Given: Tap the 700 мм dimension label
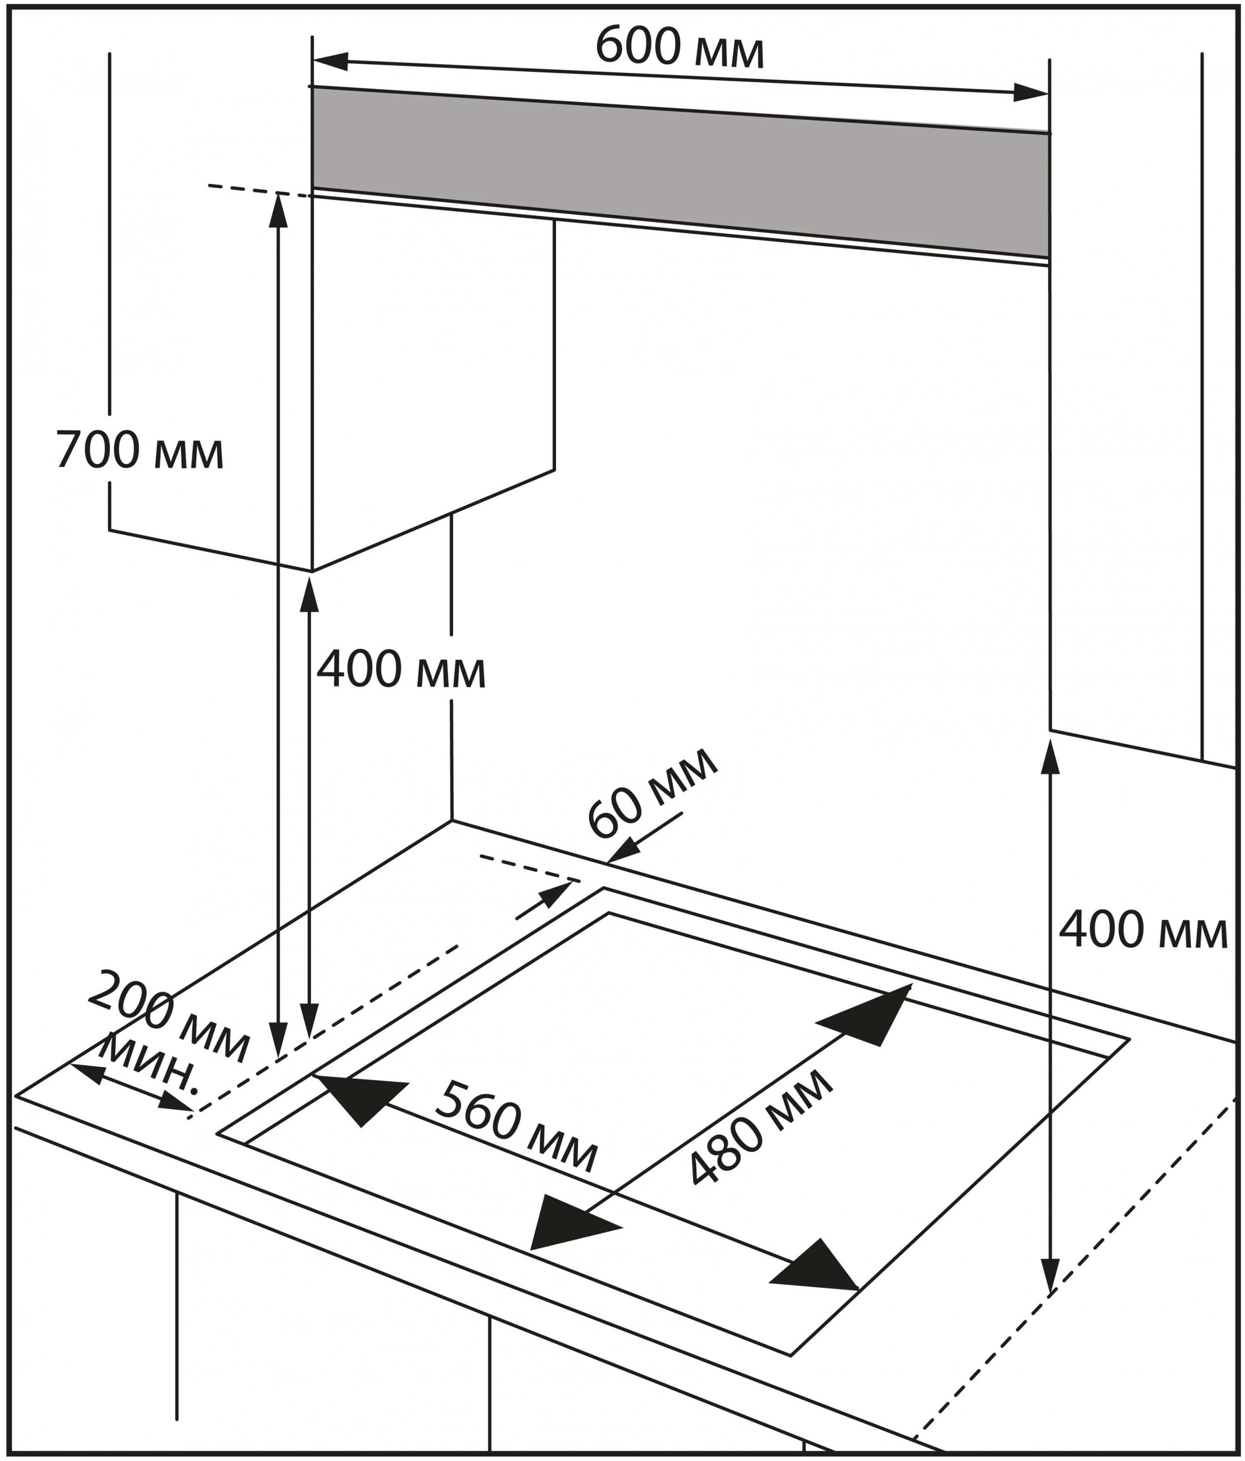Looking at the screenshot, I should (x=140, y=450).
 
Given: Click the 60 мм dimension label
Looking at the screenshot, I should (x=652, y=794).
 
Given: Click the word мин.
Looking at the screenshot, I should (x=148, y=1068).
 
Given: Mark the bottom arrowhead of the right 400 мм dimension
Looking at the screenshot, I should (x=1050, y=1276).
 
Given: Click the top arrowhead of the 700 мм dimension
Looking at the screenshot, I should (x=279, y=211).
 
